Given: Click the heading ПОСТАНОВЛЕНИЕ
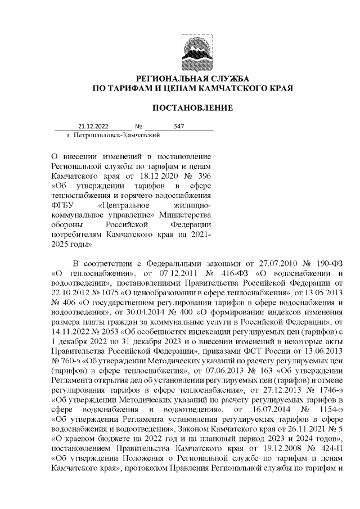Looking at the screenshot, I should [193, 107].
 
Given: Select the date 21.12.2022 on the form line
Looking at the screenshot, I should [93, 127].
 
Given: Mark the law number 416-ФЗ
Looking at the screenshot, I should [210, 273].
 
